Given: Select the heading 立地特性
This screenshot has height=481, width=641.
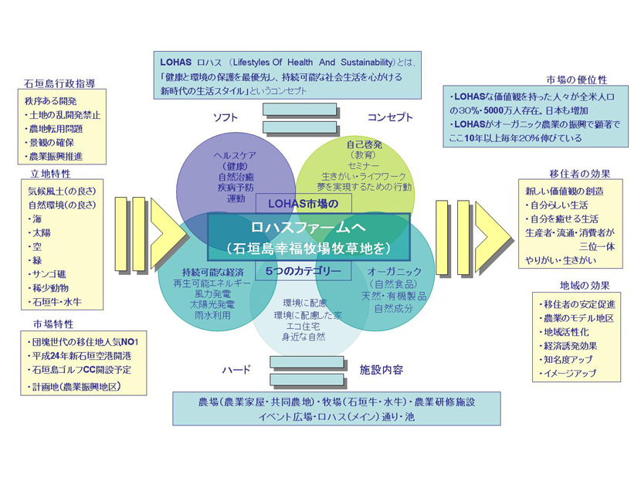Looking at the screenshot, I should (x=50, y=173).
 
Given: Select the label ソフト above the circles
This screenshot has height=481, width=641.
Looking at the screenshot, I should (x=226, y=117).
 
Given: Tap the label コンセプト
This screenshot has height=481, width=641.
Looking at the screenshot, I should (x=390, y=117).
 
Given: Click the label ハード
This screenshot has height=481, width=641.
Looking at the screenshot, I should (x=236, y=370).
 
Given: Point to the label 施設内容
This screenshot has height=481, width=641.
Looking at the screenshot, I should (x=381, y=370).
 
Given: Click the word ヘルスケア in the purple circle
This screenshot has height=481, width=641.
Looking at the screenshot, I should (x=236, y=155).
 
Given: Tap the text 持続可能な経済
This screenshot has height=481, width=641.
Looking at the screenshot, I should (x=212, y=272).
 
